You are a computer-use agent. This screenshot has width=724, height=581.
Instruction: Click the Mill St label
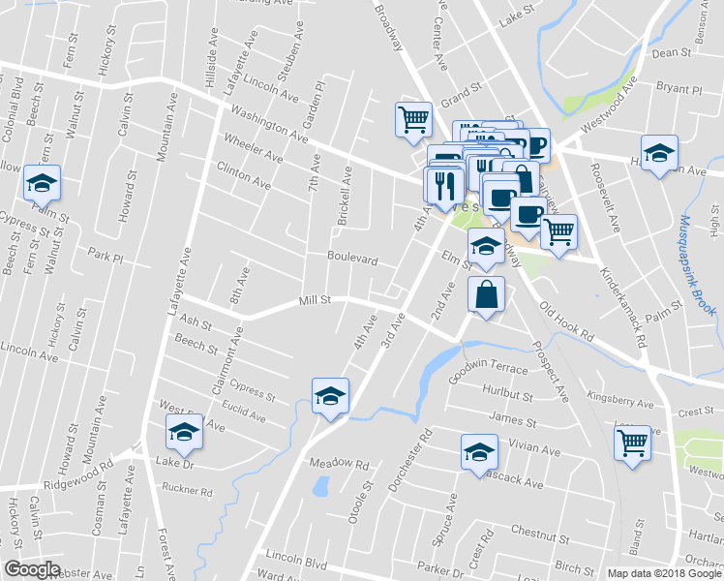[316, 300]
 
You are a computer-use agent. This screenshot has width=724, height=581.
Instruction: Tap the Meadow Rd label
[339, 465]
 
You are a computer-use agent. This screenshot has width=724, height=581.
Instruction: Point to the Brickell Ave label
[345, 196]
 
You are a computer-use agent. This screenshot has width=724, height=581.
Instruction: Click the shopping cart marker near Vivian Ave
[633, 443]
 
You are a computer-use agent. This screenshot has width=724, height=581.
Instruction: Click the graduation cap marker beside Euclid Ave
[330, 395]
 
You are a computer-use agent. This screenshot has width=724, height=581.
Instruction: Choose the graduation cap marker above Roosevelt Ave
[659, 153]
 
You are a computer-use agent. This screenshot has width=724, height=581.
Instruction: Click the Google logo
[33, 569]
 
